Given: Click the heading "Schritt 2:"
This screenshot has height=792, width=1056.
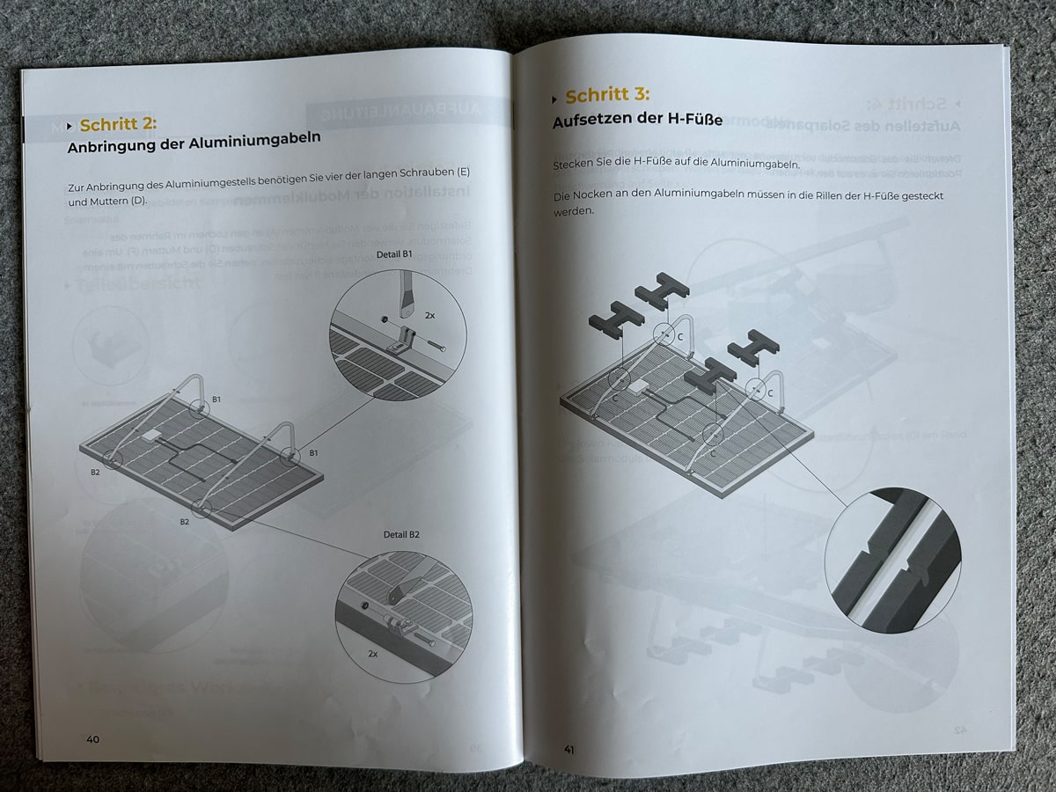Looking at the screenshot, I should (x=118, y=125).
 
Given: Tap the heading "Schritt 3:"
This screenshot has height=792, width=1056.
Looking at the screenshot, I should (x=607, y=96).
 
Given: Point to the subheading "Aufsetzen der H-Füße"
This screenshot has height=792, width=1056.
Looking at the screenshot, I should (x=637, y=120).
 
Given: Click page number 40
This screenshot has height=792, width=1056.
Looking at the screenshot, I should (x=92, y=739).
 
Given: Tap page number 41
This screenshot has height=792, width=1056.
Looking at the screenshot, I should (x=568, y=749).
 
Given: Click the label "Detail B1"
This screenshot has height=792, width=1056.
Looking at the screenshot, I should (x=393, y=254).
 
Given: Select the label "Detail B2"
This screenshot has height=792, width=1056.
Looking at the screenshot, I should (x=401, y=534).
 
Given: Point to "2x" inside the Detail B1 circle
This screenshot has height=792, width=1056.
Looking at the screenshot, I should (x=430, y=314).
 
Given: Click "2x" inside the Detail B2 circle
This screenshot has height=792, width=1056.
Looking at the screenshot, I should (x=373, y=655).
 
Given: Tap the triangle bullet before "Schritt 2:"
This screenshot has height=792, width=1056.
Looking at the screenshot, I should (x=69, y=126).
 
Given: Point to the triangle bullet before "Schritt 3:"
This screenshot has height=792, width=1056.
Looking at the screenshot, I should (x=554, y=98).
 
